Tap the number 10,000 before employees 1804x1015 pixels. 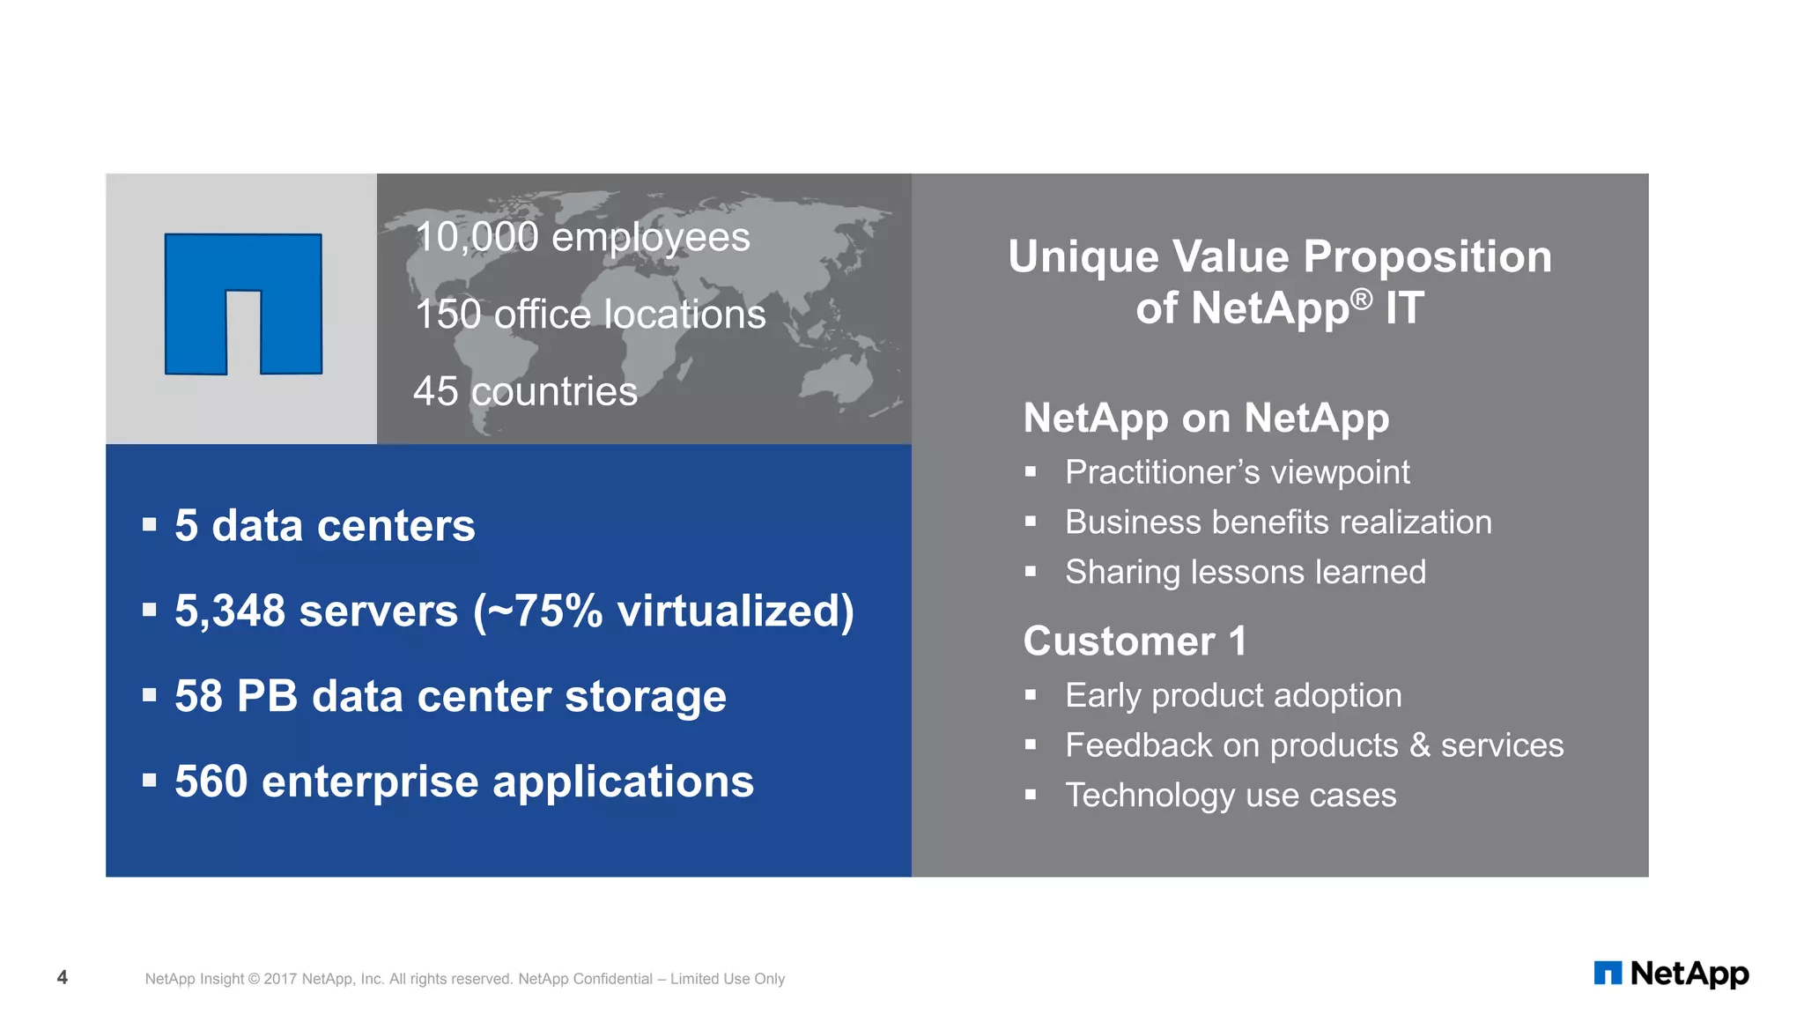477,238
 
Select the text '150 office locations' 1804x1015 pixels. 590,315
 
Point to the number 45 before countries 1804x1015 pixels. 435,391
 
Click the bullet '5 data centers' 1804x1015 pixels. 324,526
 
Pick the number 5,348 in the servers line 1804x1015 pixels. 230,611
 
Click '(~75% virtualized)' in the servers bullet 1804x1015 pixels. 663,611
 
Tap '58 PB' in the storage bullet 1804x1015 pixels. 236,697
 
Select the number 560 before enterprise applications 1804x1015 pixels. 211,782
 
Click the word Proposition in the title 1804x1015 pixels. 1427,257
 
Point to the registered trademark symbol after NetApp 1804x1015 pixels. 1361,300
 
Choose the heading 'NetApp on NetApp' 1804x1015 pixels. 1206,418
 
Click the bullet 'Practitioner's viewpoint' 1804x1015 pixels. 1237,473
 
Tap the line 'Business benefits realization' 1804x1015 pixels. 1278,522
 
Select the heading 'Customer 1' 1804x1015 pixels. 1135,641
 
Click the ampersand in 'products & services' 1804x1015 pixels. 1420,745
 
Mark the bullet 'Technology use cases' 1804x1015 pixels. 1231,796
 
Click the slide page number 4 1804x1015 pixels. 63,977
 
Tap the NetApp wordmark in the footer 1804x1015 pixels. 1689,974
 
